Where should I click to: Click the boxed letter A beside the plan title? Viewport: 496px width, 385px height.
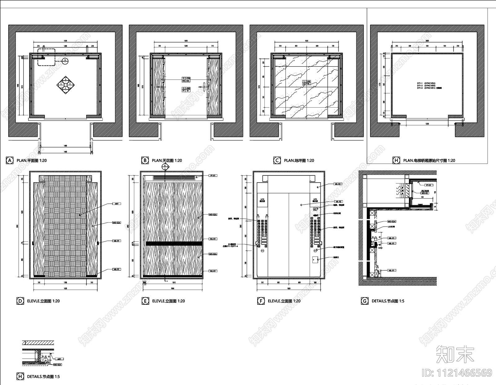10,161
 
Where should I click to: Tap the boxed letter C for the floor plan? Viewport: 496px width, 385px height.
277,161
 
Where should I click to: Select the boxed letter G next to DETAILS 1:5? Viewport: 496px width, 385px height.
365,301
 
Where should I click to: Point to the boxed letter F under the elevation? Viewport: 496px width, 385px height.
261,301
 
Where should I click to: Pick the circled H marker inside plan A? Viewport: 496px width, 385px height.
65,60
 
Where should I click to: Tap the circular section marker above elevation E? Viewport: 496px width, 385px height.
165,166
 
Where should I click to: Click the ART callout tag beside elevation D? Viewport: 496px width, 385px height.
117,204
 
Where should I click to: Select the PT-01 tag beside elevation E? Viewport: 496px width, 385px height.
213,175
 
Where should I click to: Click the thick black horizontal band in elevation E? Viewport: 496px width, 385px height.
174,244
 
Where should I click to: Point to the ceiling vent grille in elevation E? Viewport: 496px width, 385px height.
174,178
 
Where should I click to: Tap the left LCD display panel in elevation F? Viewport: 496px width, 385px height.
261,200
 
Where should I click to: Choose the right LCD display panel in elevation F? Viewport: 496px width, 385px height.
315,200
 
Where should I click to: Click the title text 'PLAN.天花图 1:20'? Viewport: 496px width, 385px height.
167,161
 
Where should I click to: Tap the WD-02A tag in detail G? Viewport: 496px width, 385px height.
392,222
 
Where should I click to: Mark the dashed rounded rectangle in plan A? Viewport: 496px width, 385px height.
46,57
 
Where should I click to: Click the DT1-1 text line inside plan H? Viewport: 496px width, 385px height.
426,83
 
